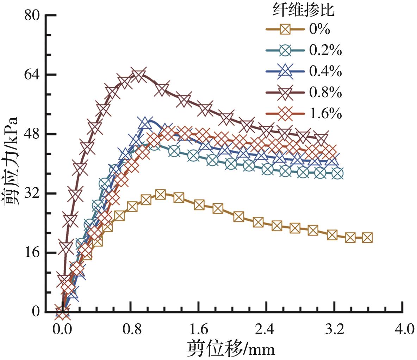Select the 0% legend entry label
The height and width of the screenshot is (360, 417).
319,29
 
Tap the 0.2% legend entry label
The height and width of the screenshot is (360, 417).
325,50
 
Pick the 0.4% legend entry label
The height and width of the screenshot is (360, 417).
325,71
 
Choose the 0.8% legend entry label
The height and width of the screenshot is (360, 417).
325,93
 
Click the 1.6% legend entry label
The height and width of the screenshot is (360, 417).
325,114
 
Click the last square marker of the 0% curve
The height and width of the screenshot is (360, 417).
367,238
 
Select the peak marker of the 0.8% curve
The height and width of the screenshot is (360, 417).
138,75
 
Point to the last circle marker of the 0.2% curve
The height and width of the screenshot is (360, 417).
337,173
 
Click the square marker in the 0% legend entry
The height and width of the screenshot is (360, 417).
285,30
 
